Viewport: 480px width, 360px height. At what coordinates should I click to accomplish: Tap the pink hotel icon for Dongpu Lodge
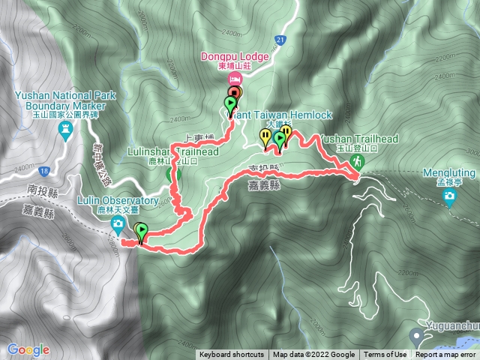click(235, 79)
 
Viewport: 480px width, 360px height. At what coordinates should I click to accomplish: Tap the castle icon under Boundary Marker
click(66, 129)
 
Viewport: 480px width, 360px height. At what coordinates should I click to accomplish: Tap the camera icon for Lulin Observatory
click(118, 225)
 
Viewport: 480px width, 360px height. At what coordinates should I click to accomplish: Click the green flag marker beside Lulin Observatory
click(142, 232)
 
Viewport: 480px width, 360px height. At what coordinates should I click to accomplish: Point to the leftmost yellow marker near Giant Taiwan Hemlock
click(265, 136)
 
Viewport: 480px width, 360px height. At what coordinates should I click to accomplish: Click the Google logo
click(28, 349)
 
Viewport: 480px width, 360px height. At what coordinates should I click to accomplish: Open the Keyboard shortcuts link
click(232, 355)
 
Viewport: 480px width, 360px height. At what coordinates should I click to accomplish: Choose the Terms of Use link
click(385, 355)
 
